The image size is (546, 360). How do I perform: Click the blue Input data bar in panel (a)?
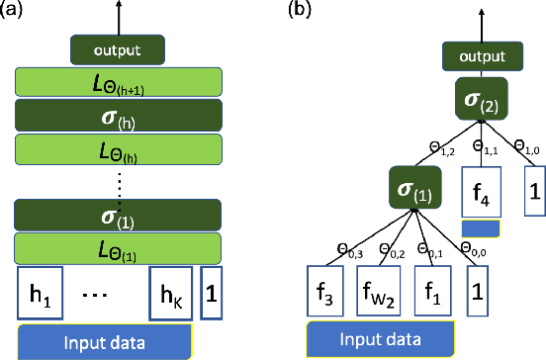pos(104,341)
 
